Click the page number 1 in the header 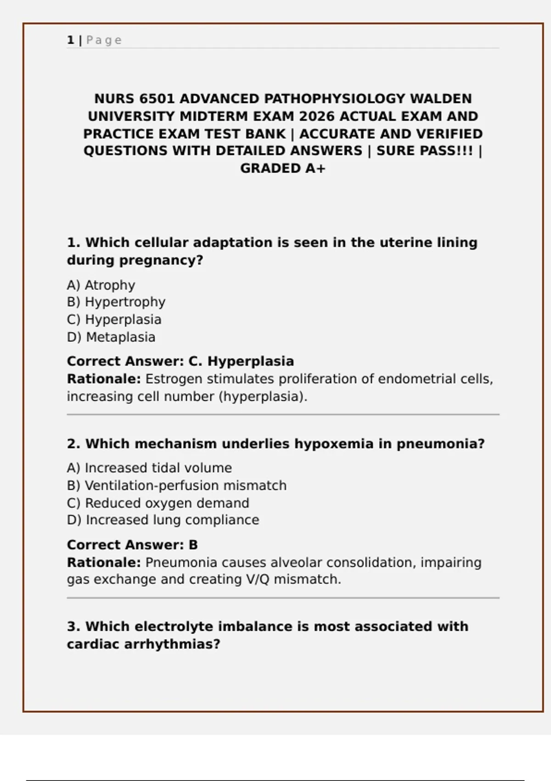70,40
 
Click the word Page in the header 104,40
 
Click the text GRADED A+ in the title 282,169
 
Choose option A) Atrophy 101,285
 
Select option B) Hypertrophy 116,302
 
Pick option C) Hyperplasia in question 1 114,320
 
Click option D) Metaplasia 111,337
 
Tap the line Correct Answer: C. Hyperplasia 180,362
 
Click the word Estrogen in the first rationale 174,379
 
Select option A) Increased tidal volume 149,468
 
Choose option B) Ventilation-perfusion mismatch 177,486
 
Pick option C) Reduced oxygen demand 158,503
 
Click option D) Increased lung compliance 163,520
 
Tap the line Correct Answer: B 132,545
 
